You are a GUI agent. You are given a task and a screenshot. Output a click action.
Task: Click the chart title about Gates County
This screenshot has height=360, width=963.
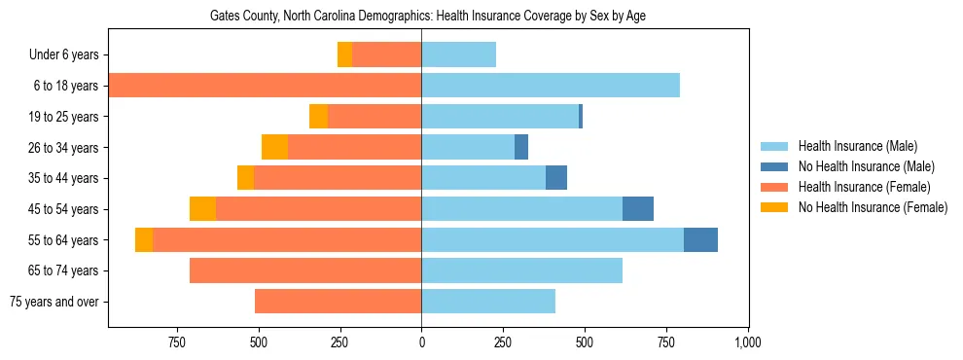(x=428, y=16)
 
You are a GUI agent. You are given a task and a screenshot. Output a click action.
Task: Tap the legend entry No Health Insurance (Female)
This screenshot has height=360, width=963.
(x=872, y=207)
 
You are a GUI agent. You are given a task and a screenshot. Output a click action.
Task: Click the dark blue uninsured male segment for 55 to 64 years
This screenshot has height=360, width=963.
(x=700, y=239)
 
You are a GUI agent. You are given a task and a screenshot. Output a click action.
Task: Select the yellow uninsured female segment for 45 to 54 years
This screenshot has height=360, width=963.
(x=202, y=209)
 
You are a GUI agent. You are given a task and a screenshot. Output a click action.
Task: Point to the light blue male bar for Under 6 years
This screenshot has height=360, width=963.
(x=458, y=55)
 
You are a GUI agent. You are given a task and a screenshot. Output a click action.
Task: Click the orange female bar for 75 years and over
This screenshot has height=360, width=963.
(x=338, y=302)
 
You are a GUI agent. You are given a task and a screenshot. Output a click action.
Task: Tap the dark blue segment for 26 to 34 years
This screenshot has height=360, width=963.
(x=521, y=148)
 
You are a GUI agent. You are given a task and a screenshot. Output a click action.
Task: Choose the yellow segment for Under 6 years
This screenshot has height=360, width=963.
(x=344, y=55)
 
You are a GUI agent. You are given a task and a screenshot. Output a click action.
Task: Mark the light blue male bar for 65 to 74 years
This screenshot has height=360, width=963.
(x=521, y=270)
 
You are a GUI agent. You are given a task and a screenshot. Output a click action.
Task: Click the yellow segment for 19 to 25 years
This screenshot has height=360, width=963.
(x=318, y=117)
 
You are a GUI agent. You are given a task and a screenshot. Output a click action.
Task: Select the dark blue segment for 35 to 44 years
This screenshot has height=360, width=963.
(x=556, y=178)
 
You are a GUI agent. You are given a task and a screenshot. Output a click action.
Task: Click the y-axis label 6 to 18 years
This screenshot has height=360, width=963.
(x=64, y=86)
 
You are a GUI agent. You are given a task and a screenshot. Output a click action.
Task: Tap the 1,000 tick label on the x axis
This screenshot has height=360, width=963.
(x=747, y=342)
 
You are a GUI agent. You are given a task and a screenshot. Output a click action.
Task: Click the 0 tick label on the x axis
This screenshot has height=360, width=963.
(x=421, y=342)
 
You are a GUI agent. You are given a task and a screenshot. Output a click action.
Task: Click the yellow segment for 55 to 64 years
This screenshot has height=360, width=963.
(x=144, y=239)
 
